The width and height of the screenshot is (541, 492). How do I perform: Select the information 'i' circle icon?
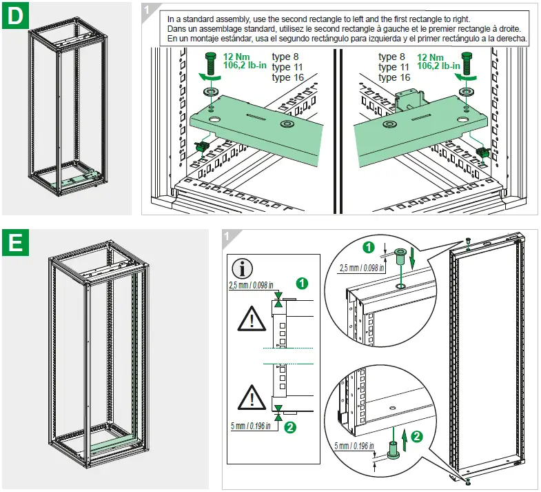point(245,269)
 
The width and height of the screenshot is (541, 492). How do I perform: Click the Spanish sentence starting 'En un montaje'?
point(347,39)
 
